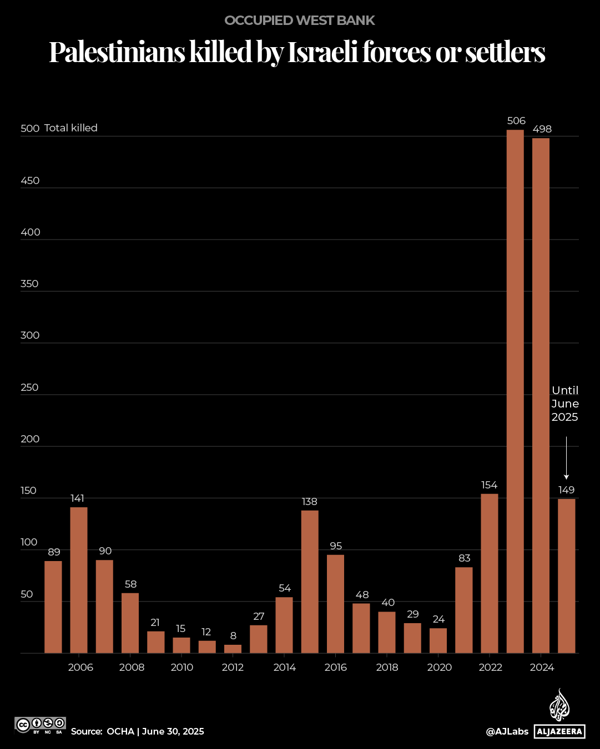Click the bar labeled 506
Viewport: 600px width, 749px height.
tap(515, 391)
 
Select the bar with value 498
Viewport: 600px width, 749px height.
tap(541, 395)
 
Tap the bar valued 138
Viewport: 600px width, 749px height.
tap(310, 581)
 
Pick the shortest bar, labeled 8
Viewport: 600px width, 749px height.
tap(233, 649)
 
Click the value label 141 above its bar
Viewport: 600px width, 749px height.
tap(78, 498)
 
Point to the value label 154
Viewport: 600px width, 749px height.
tap(489, 485)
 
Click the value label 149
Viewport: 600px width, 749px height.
tap(566, 490)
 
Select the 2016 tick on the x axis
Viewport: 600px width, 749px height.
tap(335, 668)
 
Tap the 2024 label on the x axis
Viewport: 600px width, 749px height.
tap(542, 668)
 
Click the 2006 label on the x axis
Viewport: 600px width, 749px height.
tap(80, 668)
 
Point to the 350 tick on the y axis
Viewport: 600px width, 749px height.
tap(30, 284)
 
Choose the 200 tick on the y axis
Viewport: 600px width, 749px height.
tap(30, 439)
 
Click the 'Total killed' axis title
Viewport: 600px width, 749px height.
tap(71, 128)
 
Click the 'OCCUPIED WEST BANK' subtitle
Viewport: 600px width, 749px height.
tap(300, 21)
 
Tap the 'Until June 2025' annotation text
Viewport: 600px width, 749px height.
tap(565, 404)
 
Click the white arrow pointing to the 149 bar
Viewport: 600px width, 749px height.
tap(566, 457)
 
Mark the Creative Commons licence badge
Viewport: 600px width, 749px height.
tap(41, 725)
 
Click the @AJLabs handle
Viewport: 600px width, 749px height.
tap(507, 732)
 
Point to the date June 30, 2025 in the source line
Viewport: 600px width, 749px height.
tap(173, 732)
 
